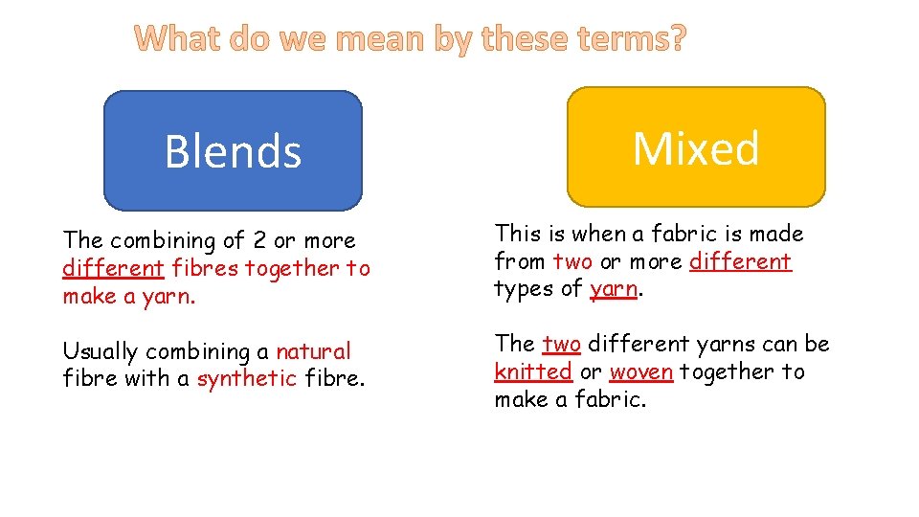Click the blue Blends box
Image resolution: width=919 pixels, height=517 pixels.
233,150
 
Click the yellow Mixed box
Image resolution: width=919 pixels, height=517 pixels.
696,147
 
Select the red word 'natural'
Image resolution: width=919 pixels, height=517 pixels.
313,351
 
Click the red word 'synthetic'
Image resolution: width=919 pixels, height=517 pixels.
247,378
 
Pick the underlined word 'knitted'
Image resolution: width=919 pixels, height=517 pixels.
533,371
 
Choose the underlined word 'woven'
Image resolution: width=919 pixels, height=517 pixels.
640,371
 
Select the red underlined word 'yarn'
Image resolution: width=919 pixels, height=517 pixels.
613,289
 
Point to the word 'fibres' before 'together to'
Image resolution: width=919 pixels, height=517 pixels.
206,268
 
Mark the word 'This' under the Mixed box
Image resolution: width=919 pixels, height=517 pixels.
518,234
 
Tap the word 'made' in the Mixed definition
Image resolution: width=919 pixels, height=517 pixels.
775,234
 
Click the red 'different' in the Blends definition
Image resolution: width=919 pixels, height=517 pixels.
113,268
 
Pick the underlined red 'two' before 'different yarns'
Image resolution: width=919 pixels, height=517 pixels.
562,344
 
